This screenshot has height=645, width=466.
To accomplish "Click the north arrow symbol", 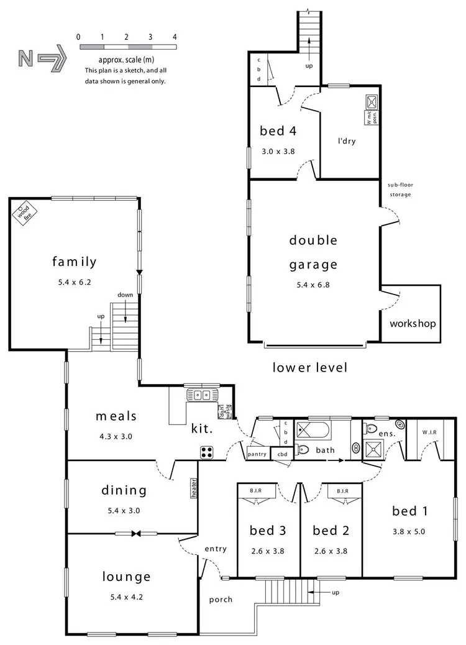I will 40,58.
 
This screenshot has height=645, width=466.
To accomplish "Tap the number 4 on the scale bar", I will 175,37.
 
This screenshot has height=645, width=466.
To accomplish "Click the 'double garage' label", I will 313,252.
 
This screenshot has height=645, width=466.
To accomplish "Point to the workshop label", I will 413,324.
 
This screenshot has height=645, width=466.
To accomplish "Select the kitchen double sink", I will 201,394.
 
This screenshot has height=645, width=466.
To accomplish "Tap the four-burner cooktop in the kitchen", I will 207,452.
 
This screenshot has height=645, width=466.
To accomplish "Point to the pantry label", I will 257,454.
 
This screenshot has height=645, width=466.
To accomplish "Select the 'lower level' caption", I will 309,367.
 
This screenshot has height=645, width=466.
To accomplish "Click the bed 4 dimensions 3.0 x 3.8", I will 276,150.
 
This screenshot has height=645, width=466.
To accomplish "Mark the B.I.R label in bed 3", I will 255,490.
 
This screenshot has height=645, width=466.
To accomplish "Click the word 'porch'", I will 221,599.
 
